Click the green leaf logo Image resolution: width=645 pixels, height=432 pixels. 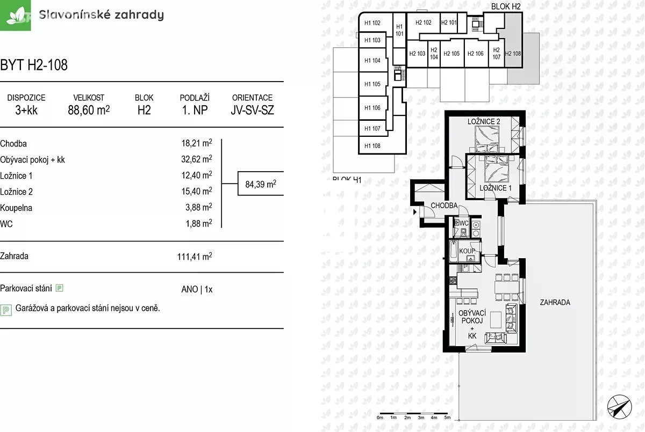click(x=15, y=15)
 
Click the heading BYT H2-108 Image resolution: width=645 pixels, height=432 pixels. click(x=34, y=65)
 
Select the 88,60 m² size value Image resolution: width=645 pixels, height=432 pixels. click(x=89, y=110)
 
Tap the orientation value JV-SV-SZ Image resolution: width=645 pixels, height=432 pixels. click(x=252, y=110)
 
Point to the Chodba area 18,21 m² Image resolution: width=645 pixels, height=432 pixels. click(x=197, y=143)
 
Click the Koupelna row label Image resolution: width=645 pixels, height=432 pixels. click(x=16, y=208)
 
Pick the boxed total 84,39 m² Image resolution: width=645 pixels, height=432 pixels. click(x=261, y=184)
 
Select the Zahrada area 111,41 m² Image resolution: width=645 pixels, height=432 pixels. click(x=195, y=256)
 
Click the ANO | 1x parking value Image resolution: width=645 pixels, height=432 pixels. click(x=197, y=289)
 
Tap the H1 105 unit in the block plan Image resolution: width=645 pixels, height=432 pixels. click(x=372, y=84)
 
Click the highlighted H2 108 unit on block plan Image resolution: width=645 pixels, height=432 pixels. click(x=513, y=54)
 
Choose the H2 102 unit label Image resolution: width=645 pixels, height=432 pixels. click(x=424, y=23)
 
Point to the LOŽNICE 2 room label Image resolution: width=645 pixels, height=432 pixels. click(x=484, y=122)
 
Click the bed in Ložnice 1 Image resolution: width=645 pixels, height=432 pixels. click(x=497, y=169)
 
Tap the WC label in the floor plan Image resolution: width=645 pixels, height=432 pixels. click(x=464, y=223)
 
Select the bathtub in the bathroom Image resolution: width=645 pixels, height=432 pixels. click(x=454, y=250)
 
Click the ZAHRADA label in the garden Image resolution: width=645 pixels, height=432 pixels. click(x=555, y=302)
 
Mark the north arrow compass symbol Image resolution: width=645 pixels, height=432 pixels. click(x=619, y=407)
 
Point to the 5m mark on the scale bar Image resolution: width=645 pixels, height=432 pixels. click(x=447, y=418)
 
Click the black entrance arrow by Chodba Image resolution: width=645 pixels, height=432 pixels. click(x=415, y=212)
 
